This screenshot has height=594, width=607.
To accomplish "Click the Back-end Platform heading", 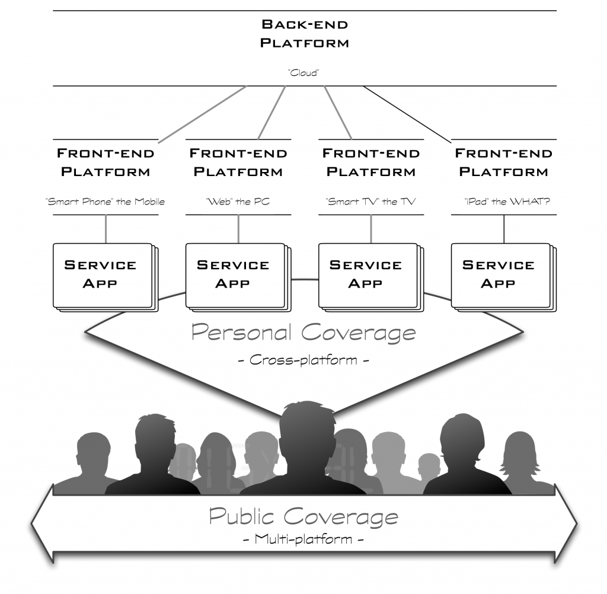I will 305,34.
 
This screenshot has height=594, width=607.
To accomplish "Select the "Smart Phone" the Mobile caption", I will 106,202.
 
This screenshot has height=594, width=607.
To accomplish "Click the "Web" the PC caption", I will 238,202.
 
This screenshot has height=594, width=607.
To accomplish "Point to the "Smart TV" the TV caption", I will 371,202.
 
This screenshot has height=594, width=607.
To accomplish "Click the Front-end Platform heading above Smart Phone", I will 106,162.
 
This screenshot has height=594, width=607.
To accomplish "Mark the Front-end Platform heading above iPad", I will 504,162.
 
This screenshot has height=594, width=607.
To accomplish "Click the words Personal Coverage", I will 303,333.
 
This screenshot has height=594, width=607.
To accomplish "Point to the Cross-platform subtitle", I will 303,359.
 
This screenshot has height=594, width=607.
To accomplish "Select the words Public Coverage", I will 303,516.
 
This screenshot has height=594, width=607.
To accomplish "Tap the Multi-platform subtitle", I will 303,540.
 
